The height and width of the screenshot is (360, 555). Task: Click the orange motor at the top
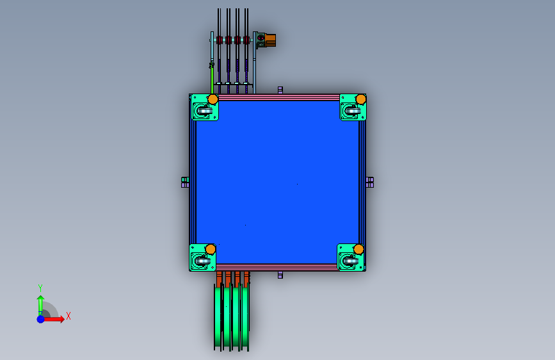[270, 40]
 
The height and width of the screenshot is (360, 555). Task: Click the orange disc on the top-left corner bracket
[213, 99]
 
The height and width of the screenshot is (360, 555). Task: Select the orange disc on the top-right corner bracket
[360, 99]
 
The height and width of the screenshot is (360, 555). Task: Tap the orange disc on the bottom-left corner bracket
[211, 249]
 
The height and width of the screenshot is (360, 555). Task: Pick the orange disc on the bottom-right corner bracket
[358, 249]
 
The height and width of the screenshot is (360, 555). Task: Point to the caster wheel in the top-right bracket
[353, 111]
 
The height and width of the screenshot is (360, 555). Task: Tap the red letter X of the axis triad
[68, 316]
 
